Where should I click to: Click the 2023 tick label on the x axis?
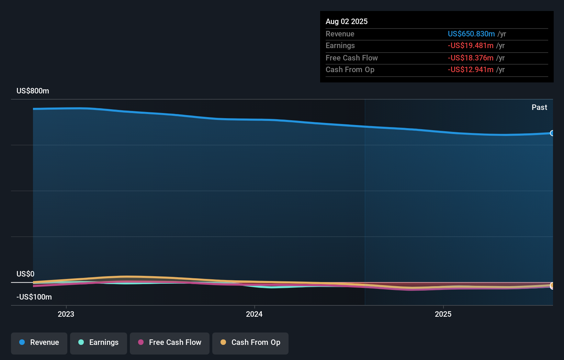(66, 314)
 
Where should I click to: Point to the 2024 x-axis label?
(254, 314)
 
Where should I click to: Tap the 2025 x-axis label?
(443, 314)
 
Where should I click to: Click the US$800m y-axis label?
(33, 91)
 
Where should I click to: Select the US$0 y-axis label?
(25, 274)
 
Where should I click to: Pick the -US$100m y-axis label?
(34, 297)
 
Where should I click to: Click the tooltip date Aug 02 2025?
(347, 21)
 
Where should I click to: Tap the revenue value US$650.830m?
(471, 34)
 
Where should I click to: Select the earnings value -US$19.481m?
(471, 46)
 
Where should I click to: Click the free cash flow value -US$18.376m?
(471, 58)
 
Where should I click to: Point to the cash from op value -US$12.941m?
(471, 70)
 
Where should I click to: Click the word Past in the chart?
(539, 107)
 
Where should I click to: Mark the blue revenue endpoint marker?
(552, 133)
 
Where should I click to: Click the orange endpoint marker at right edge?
(552, 285)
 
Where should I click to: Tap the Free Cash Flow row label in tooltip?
(352, 58)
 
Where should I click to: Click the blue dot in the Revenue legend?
(22, 342)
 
